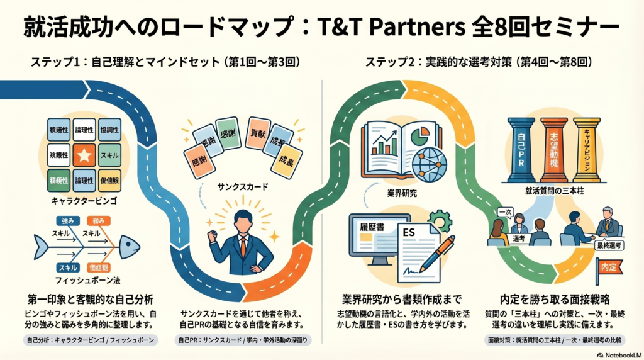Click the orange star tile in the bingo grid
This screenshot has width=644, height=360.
(84, 154)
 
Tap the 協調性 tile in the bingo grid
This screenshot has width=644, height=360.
(109, 130)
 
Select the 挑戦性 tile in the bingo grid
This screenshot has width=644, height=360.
(58, 154)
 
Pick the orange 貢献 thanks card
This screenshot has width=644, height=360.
(258, 133)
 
